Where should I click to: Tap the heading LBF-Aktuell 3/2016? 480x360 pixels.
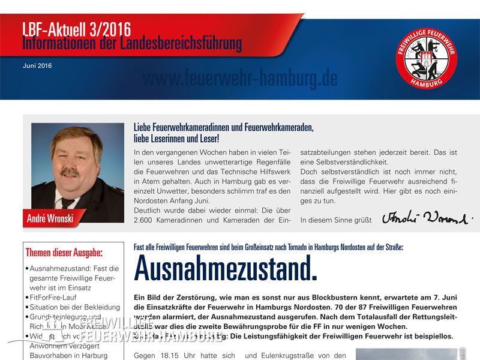(x=76, y=29)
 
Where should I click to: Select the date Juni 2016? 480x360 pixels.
(x=37, y=65)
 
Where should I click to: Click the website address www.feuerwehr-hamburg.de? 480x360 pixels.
(x=240, y=79)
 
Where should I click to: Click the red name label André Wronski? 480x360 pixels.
(x=50, y=218)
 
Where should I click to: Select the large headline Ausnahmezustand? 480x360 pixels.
(x=225, y=268)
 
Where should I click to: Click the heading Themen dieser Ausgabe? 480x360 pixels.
(x=64, y=252)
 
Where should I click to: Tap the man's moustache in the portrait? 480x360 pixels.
(x=70, y=172)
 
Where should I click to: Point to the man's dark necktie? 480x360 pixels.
(x=67, y=203)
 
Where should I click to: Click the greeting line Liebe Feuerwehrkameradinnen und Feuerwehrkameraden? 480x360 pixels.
(x=224, y=128)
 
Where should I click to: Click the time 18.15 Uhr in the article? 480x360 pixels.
(x=176, y=356)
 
